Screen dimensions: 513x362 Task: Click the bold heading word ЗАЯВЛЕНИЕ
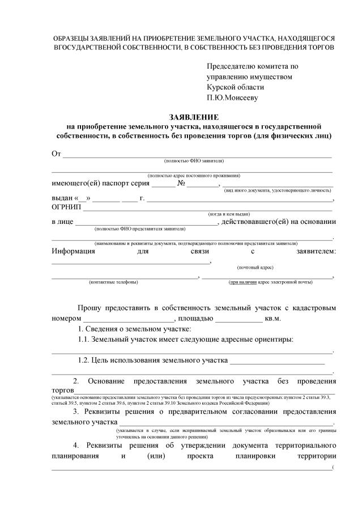pos(193,116)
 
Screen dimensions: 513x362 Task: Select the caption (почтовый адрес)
pos(255,266)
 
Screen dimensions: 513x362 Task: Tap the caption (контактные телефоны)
pos(113,282)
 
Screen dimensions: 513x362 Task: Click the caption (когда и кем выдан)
pos(229,214)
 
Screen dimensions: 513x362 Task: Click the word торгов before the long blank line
pos(63,391)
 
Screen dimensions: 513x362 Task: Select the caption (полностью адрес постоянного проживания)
pos(194,176)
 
